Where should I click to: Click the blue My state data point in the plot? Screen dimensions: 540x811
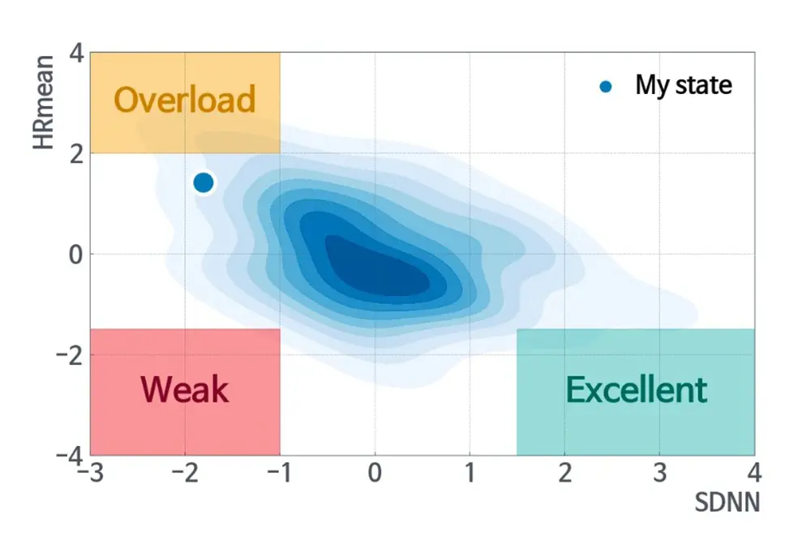click(203, 182)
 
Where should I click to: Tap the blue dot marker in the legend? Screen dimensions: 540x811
click(605, 86)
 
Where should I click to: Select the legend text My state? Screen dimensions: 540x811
click(683, 85)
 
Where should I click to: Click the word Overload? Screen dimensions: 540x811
click(185, 100)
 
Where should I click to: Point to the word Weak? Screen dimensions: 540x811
click(185, 390)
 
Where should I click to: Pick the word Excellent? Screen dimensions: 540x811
click(636, 390)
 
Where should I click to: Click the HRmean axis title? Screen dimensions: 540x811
click(44, 102)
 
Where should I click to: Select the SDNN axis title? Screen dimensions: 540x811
click(727, 502)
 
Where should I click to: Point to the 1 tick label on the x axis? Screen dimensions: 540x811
click(470, 473)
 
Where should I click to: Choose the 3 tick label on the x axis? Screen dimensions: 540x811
click(659, 473)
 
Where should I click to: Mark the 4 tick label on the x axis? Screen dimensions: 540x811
click(754, 473)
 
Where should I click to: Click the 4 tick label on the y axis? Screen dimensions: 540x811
click(76, 54)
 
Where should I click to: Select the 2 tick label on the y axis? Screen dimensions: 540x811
click(76, 153)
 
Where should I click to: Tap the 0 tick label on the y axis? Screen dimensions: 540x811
click(76, 254)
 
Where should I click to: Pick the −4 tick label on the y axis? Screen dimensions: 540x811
click(71, 454)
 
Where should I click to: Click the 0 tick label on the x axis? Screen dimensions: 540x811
click(375, 473)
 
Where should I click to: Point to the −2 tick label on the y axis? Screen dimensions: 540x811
click(71, 354)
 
